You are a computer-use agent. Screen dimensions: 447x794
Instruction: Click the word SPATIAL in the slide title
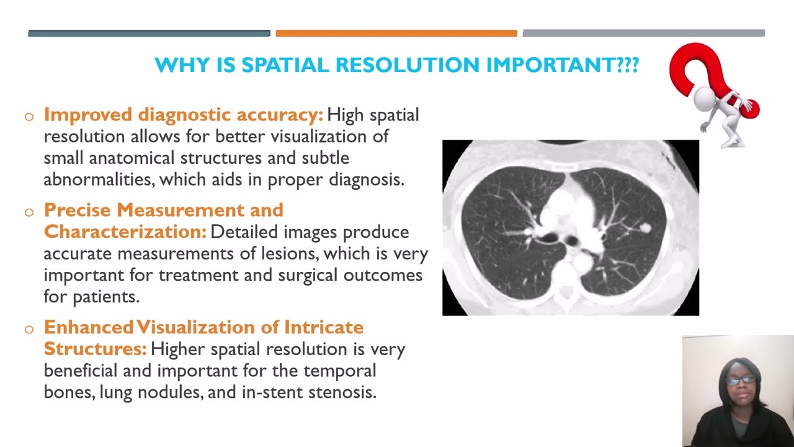click(x=290, y=65)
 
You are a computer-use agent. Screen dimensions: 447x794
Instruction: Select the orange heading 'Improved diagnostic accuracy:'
click(x=184, y=115)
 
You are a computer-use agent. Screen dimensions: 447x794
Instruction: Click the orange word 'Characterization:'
click(x=125, y=232)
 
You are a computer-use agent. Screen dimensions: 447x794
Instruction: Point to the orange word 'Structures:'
click(x=95, y=348)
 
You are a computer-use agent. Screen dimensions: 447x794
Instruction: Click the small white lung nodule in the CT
click(x=645, y=228)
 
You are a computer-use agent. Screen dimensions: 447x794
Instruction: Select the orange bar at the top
click(x=396, y=34)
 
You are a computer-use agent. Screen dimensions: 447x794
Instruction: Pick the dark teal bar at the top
click(x=149, y=34)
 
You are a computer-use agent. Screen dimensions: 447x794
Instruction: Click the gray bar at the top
click(x=643, y=34)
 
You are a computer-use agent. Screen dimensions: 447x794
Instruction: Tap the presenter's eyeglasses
click(x=741, y=380)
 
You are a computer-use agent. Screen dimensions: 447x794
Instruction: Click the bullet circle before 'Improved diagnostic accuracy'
click(x=29, y=116)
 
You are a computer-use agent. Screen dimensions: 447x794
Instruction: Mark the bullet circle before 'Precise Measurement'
click(x=29, y=212)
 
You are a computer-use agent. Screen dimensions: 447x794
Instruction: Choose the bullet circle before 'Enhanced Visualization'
click(x=29, y=328)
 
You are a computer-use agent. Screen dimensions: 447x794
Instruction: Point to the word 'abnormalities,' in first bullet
click(x=99, y=180)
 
